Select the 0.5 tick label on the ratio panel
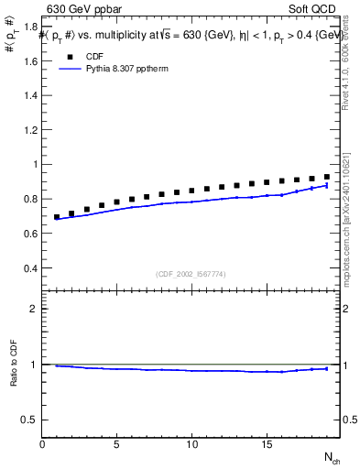click(x=31, y=420)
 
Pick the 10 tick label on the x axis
click(x=191, y=444)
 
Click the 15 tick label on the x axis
click(x=267, y=444)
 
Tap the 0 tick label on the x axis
click(x=42, y=444)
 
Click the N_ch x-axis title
click(x=331, y=457)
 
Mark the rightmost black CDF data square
click(x=327, y=177)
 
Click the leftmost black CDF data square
click(x=57, y=217)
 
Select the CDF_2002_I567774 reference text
click(x=191, y=274)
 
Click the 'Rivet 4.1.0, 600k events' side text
click(x=345, y=65)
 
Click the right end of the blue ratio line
click(x=327, y=368)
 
